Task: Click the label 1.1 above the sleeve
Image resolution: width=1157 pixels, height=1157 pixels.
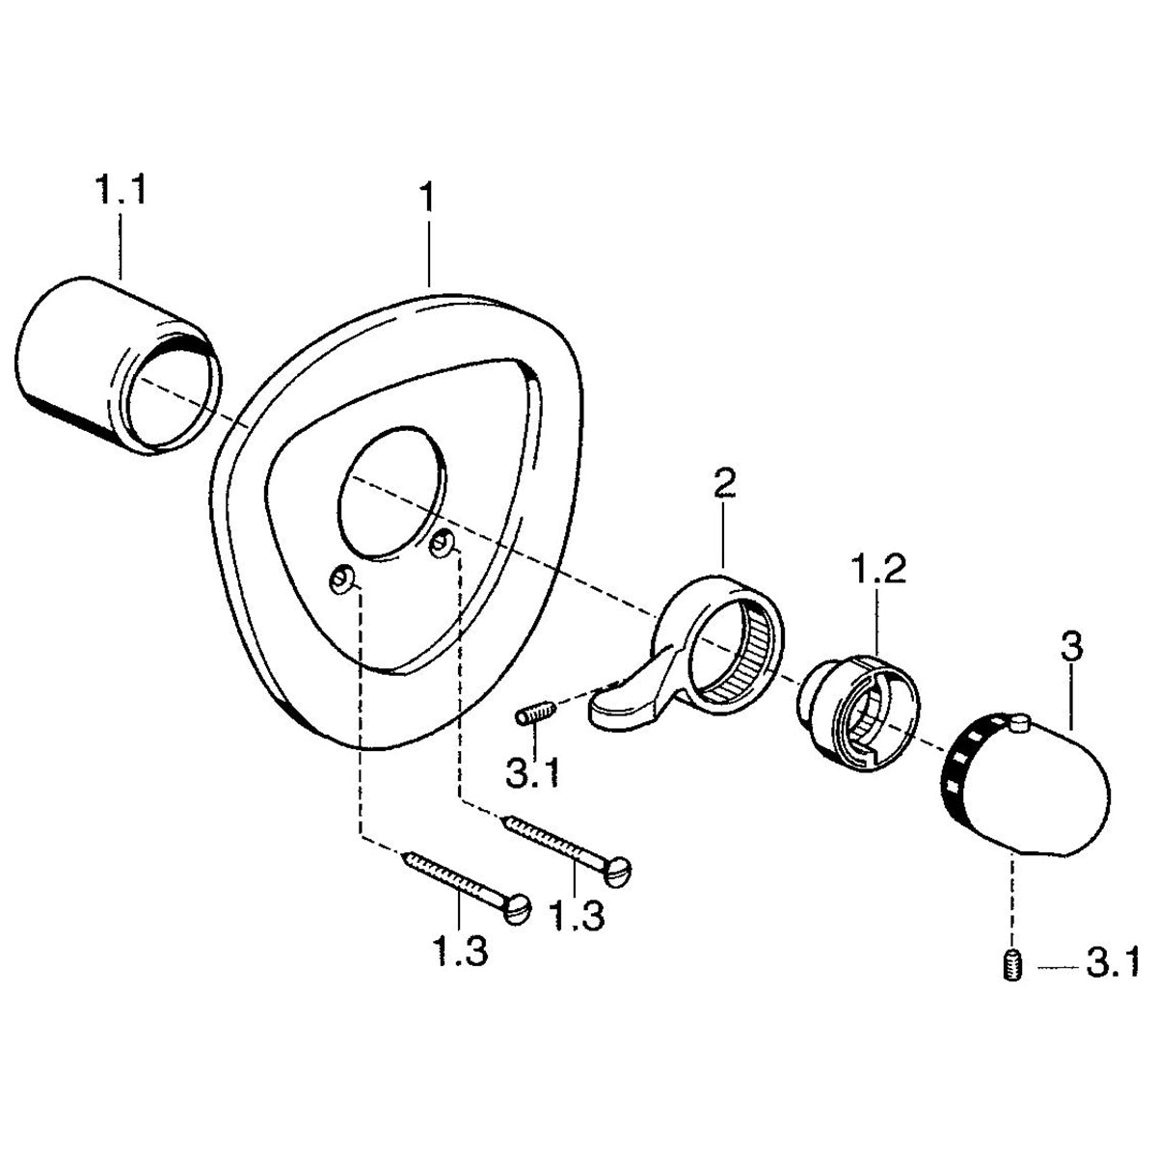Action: pos(121,190)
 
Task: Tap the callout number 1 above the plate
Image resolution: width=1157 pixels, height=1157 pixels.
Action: pos(426,198)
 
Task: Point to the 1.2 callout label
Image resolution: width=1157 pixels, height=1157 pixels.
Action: pos(877,570)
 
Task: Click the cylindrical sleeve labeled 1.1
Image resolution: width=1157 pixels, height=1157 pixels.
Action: pos(118,365)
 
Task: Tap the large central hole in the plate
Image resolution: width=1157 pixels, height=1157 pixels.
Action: pos(391,494)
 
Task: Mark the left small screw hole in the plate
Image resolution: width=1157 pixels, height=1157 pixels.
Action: pos(341,580)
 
